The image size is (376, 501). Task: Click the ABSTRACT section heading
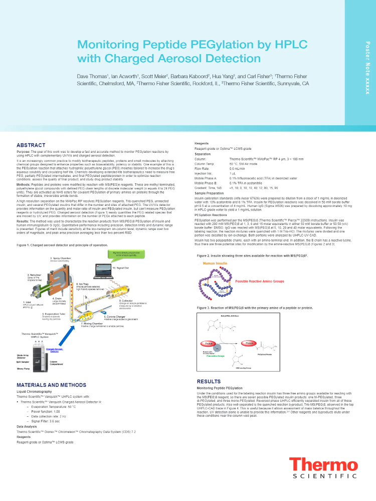(x=31, y=145)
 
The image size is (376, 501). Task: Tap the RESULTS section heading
(x=209, y=381)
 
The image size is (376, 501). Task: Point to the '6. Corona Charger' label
(x=115, y=317)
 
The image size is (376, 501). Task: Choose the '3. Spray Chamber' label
(x=60, y=258)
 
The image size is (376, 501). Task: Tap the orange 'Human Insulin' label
(x=216, y=263)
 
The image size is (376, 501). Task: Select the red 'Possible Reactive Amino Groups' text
(x=260, y=281)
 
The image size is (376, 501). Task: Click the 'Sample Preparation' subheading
(x=210, y=193)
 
